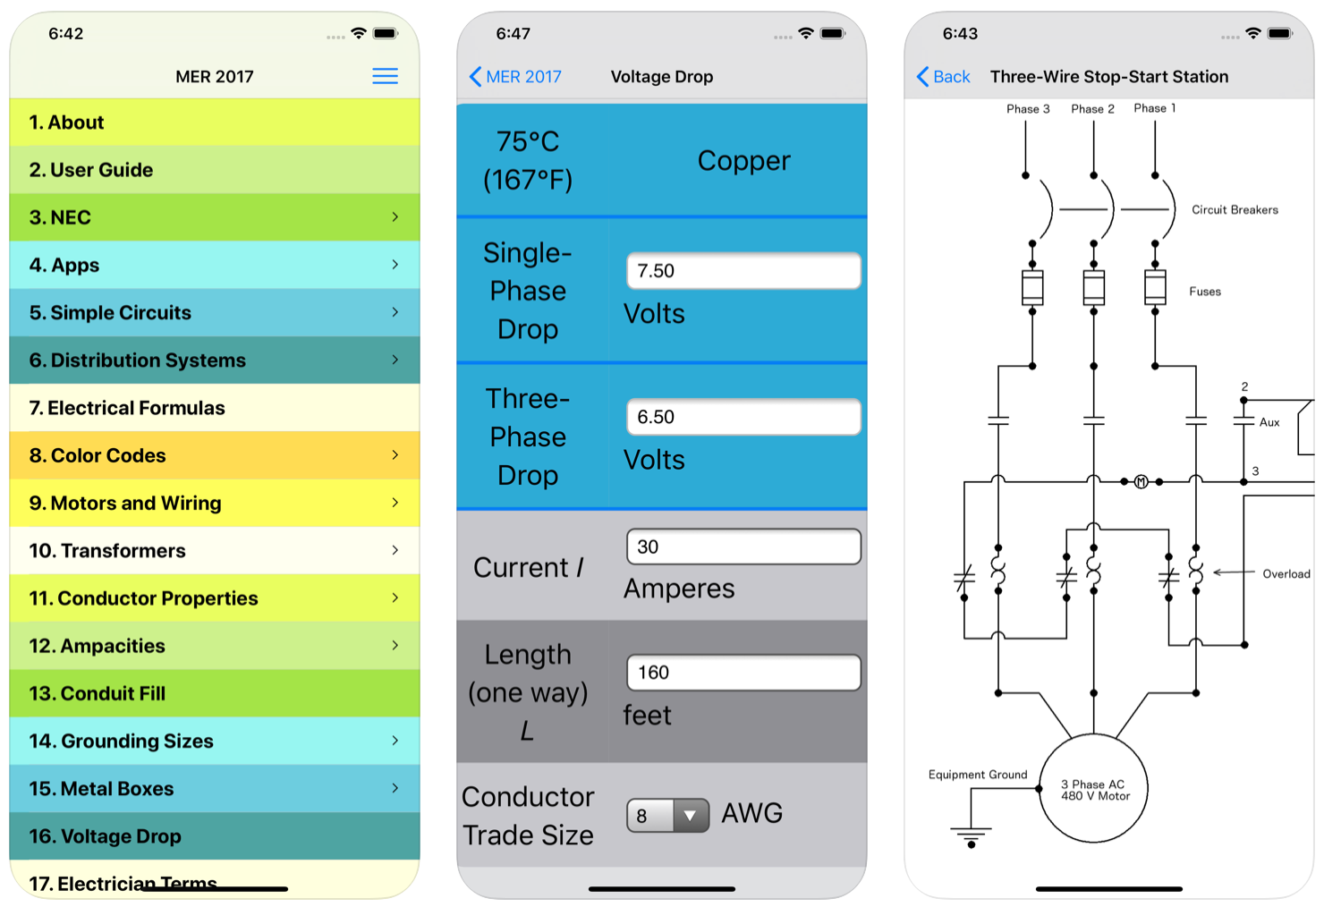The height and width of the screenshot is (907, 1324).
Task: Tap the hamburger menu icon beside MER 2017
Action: coord(385,76)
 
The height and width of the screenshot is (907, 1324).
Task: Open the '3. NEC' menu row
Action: coord(215,217)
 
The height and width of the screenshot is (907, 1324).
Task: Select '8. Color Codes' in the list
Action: coord(215,455)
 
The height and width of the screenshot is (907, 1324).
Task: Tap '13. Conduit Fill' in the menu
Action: coord(215,693)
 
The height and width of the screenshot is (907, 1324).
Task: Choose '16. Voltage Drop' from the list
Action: coord(215,836)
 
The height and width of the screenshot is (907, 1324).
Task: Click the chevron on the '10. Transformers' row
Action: coord(395,550)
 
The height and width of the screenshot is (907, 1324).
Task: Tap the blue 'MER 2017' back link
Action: coord(516,77)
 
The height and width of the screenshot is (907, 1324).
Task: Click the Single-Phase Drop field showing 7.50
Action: coord(743,271)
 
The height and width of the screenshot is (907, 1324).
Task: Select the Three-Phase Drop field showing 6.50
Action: coord(743,417)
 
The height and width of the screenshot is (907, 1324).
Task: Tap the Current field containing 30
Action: coord(743,547)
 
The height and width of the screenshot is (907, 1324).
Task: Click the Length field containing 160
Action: coord(743,673)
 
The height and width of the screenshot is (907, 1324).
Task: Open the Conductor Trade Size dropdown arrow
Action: coord(690,816)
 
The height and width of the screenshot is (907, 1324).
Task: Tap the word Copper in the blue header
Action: coord(743,161)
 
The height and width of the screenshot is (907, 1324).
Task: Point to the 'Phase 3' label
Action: coord(1028,109)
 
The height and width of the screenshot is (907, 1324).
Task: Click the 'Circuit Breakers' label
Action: coord(1235,210)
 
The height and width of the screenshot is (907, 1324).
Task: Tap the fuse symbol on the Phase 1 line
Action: coord(1155,287)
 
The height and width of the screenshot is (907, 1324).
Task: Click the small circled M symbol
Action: coord(1141,482)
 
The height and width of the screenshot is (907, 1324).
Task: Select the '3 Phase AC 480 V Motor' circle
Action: coord(1094,789)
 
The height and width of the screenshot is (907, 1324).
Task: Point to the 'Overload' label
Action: coord(1286,574)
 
